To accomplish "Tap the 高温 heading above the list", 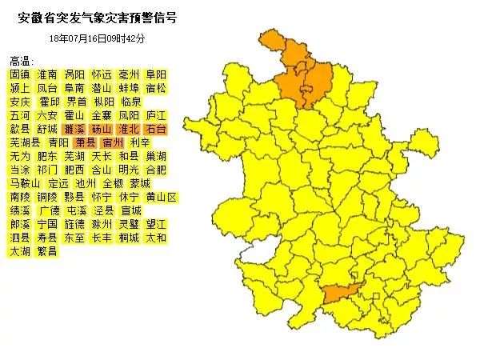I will pos(22,61).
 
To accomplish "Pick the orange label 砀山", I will pos(102,129).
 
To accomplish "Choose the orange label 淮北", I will pos(129,129).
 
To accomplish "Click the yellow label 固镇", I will pos(19,74).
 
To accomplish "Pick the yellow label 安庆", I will pos(19,102).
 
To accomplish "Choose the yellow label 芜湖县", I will pos(24,142).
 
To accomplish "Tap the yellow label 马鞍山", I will pos(24,183).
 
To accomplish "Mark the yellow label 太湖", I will pos(19,251).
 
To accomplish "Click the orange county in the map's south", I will pos(338,294).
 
